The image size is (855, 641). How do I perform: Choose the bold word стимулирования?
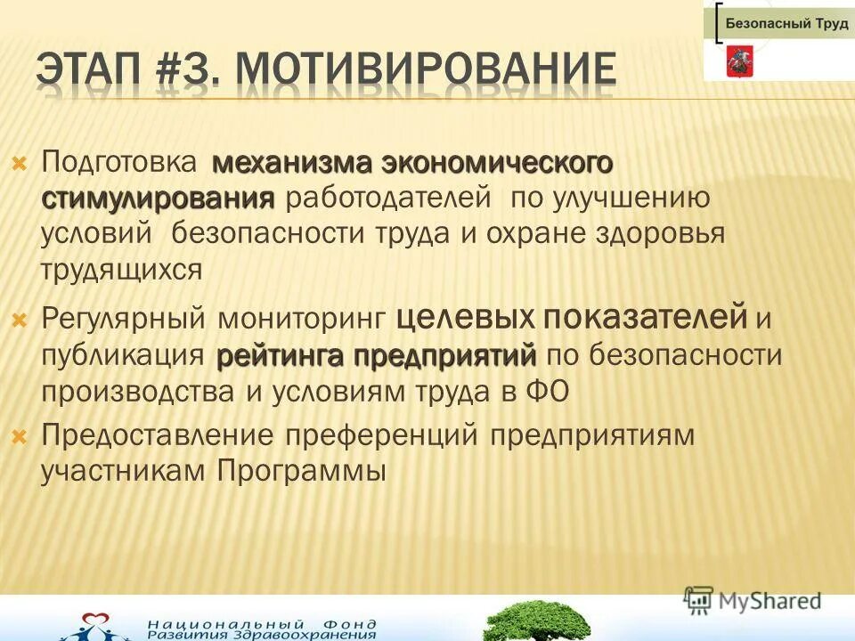pyautogui.click(x=159, y=197)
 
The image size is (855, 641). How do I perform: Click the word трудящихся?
pyautogui.click(x=122, y=269)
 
